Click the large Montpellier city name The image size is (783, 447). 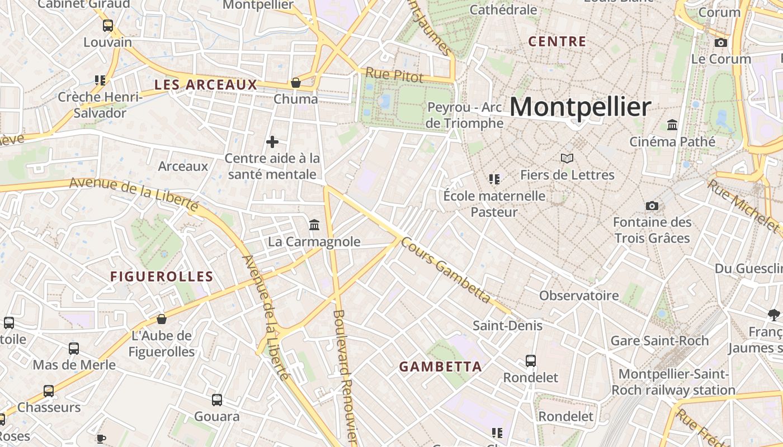(x=581, y=107)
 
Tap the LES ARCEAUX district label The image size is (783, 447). (x=206, y=85)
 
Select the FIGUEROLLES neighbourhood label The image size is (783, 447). (x=162, y=277)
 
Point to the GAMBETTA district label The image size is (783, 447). (x=441, y=367)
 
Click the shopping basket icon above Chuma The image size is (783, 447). (x=296, y=83)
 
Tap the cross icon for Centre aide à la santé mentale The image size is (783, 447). (x=272, y=142)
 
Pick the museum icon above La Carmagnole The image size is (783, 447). (x=314, y=225)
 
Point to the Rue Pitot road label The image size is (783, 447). (x=394, y=75)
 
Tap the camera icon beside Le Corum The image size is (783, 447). (x=721, y=42)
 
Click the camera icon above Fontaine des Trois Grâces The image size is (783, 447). (x=652, y=206)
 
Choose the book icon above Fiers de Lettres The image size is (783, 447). (x=567, y=159)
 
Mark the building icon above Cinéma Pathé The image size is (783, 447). (x=672, y=125)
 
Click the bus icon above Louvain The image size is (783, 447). (x=108, y=26)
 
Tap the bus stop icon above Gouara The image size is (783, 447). (x=217, y=400)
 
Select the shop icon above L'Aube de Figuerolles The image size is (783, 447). (x=162, y=319)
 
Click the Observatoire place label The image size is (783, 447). (x=579, y=296)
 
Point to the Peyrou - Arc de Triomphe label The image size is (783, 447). (x=464, y=115)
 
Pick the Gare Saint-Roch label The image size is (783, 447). (x=659, y=341)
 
